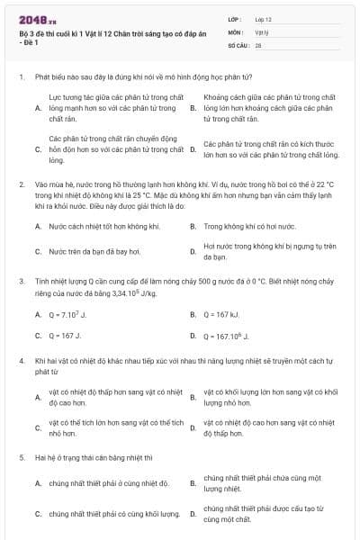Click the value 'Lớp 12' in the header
pos(264,18)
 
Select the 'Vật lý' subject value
pos(262,31)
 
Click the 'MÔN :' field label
pos(236,31)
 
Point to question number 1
pos(20,77)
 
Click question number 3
pos(20,281)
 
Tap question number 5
pos(20,457)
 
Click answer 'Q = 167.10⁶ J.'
pos(227,336)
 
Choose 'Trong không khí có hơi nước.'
pos(244,227)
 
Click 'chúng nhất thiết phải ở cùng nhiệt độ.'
pos(109,483)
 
